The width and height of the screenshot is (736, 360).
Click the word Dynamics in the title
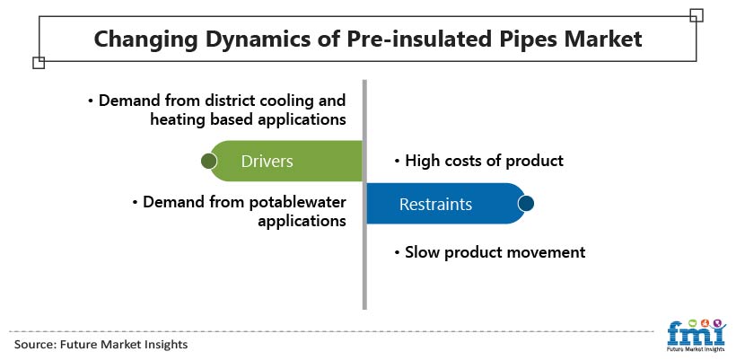pyautogui.click(x=250, y=40)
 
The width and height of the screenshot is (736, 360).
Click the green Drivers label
pyautogui.click(x=267, y=162)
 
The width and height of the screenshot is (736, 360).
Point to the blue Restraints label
pyautogui.click(x=435, y=204)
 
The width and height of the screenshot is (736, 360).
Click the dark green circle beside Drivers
pyautogui.click(x=208, y=161)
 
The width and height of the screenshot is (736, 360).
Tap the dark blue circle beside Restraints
pyautogui.click(x=526, y=204)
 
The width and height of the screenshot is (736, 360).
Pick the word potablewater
pyautogui.click(x=297, y=202)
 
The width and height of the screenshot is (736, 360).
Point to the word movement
pyautogui.click(x=548, y=252)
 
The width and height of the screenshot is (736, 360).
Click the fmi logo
pyautogui.click(x=697, y=336)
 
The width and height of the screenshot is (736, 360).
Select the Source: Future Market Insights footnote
pyautogui.click(x=101, y=345)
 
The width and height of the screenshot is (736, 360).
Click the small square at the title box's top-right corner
pyautogui.click(x=697, y=15)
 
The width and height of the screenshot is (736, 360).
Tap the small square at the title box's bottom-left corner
pyautogui.click(x=39, y=63)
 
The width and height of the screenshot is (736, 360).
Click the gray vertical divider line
pyautogui.click(x=364, y=194)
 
